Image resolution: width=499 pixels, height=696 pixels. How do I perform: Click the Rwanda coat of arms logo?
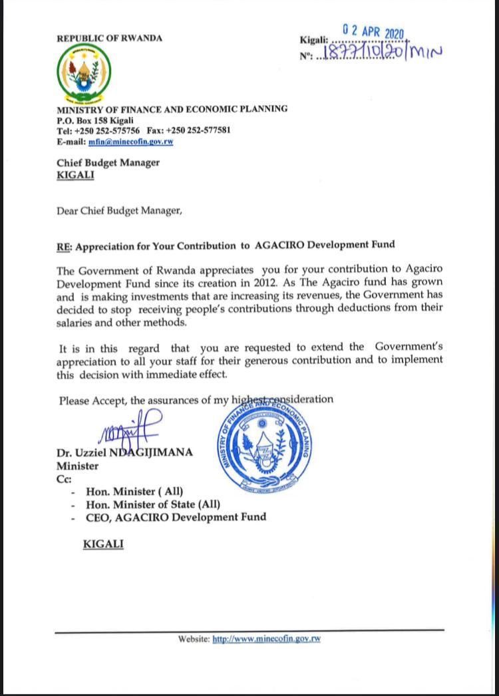click(84, 72)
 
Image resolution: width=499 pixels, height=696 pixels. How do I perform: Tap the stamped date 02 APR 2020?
click(373, 31)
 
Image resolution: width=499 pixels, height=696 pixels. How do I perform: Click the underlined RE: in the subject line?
click(65, 245)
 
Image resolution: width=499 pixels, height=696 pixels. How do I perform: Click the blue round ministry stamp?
click(263, 446)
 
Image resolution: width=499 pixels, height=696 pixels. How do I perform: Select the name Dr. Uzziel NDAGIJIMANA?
click(125, 452)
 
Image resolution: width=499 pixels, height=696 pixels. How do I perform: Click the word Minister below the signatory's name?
click(77, 466)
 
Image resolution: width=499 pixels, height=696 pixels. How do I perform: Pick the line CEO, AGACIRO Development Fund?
click(176, 517)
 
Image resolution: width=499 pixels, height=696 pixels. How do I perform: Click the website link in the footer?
click(267, 639)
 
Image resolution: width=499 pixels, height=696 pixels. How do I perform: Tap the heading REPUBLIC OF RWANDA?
click(110, 38)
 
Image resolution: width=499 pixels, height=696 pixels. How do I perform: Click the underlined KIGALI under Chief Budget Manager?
click(75, 175)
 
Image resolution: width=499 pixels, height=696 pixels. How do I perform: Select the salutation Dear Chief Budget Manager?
click(119, 211)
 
